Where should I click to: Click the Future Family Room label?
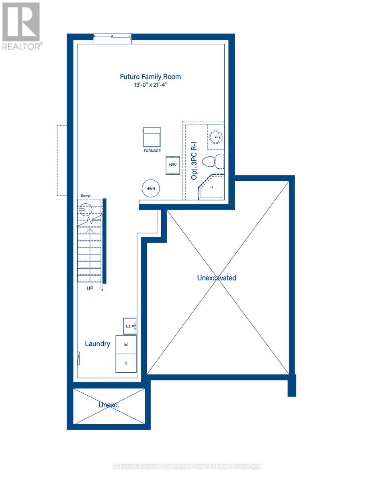pos(150,76)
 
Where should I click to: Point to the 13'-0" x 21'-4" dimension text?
pos(150,85)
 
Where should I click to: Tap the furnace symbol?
pos(152,137)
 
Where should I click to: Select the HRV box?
pos(173,165)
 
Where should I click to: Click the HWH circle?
pos(151,188)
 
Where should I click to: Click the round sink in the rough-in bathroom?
pos(216,137)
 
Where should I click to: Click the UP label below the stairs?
pos(90,288)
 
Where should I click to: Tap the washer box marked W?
pos(126,345)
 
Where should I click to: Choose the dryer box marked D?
pos(126,363)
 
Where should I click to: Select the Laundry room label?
pos(97,344)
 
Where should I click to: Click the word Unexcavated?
pos(216,278)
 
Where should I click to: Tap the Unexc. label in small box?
pos(109,404)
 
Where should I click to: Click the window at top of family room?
pos(112,37)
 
